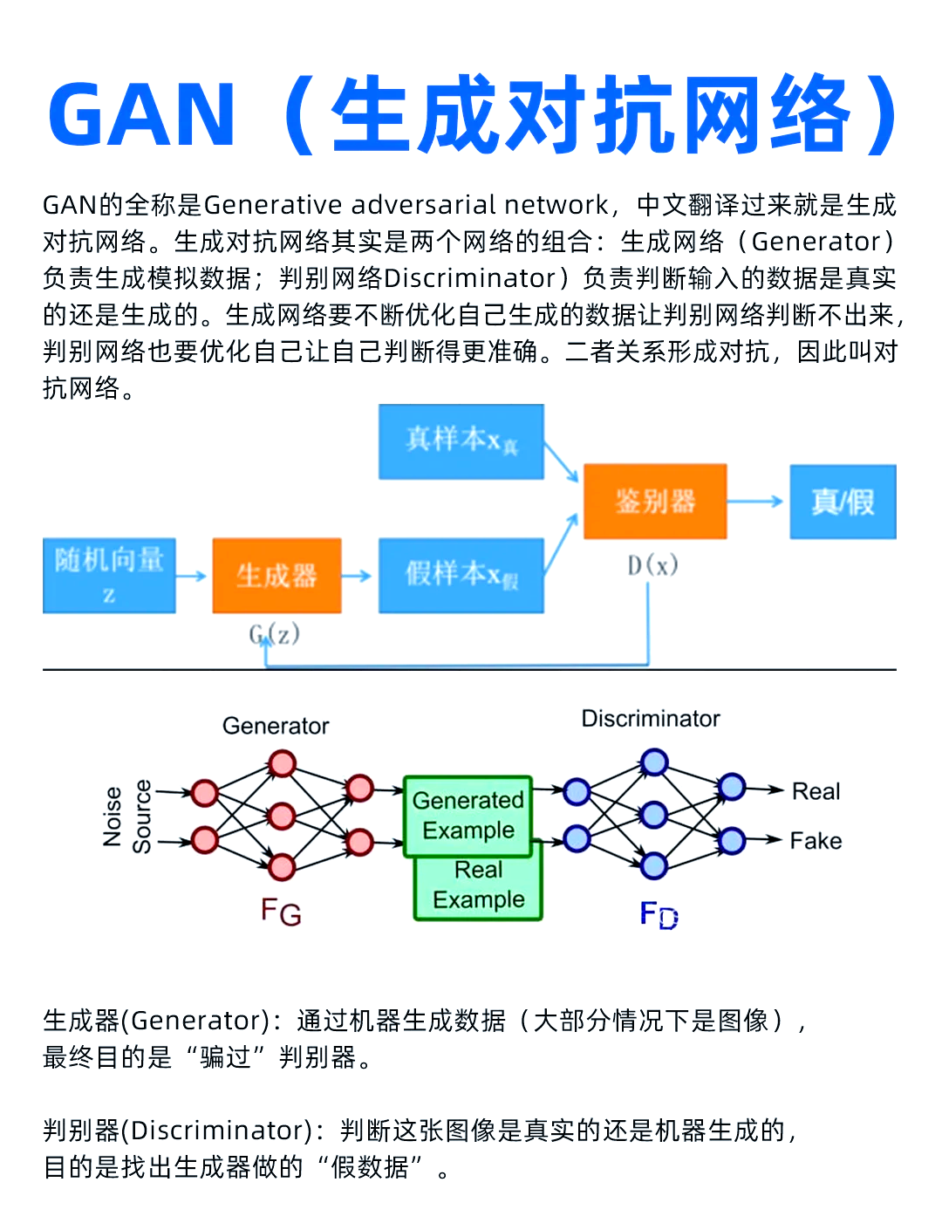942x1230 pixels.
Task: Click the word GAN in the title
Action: click(x=142, y=114)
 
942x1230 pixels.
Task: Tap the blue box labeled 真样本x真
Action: click(x=461, y=441)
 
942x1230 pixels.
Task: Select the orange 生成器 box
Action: click(x=276, y=575)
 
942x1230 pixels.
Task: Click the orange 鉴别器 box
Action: click(x=654, y=501)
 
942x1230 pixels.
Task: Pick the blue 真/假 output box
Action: click(x=843, y=502)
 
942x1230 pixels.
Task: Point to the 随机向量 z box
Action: click(x=109, y=575)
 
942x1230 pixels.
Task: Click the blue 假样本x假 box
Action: click(x=461, y=575)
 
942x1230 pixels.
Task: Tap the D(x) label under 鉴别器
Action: click(x=652, y=565)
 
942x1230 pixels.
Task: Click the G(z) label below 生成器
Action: click(x=275, y=633)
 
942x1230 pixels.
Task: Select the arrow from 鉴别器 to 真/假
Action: click(x=755, y=502)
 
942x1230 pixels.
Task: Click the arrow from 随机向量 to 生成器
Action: click(x=192, y=576)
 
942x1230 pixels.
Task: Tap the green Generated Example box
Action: click(x=468, y=815)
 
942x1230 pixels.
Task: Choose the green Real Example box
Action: click(x=478, y=886)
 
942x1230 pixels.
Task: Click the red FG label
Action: click(x=281, y=912)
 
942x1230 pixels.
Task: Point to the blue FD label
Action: click(x=659, y=914)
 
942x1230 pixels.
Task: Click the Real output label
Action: click(x=816, y=791)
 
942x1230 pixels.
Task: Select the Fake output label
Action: click(x=816, y=841)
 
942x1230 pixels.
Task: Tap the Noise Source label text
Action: click(x=126, y=817)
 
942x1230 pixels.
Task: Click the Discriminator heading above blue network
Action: click(x=651, y=719)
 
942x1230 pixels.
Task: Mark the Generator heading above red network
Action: click(x=276, y=726)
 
